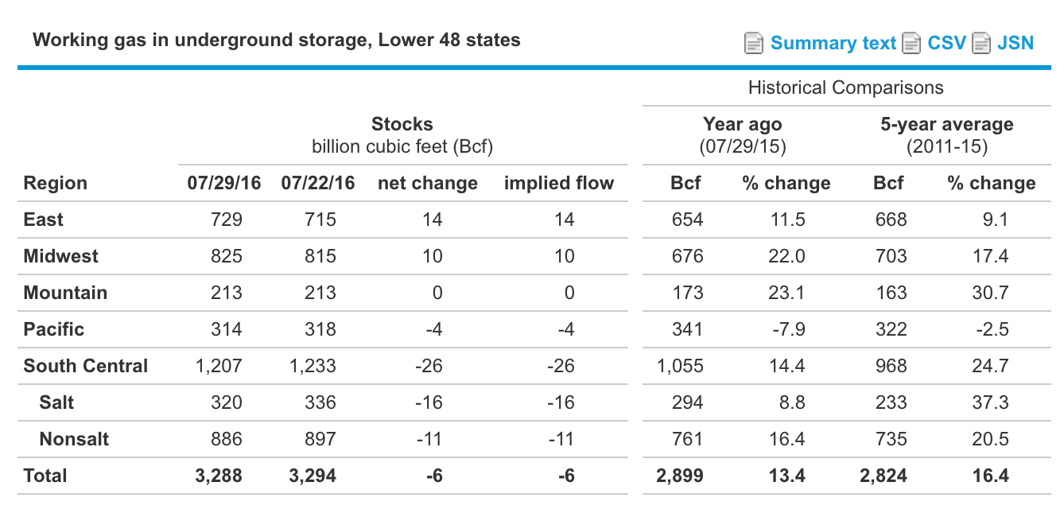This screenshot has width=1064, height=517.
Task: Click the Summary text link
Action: (833, 43)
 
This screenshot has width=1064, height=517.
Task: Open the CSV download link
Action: (946, 43)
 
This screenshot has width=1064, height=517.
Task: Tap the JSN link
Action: (1015, 43)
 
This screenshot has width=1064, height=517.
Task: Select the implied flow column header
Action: (559, 183)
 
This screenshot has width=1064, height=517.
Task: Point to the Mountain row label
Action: (65, 293)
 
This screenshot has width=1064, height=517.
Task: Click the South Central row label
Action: (86, 366)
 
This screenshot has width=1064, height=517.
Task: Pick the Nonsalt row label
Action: (74, 439)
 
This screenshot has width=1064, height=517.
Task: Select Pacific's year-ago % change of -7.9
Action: (788, 329)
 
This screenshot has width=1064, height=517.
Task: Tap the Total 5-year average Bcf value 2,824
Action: (883, 476)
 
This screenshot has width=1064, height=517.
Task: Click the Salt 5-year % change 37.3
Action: (992, 402)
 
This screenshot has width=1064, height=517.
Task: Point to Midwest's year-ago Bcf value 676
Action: (687, 256)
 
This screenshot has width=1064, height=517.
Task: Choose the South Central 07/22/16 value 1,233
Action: (310, 366)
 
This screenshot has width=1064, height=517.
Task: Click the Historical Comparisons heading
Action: (845, 87)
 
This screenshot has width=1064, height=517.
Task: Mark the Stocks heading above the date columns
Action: (402, 124)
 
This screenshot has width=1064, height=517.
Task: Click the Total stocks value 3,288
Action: (218, 476)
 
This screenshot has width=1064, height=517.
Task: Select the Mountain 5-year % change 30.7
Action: (992, 293)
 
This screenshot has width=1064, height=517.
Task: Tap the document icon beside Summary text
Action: (753, 43)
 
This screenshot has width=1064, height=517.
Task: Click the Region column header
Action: (55, 183)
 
